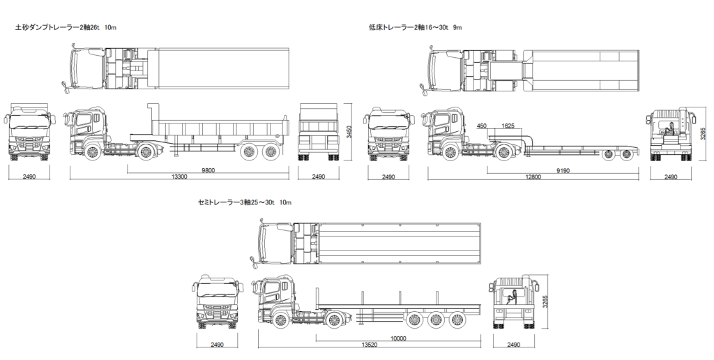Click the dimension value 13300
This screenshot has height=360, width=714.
178,177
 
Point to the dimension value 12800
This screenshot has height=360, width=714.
533,177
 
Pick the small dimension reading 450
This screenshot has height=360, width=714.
482,126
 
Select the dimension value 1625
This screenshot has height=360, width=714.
508,126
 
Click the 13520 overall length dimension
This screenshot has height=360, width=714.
370,345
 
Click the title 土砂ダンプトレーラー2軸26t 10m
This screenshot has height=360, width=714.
66,28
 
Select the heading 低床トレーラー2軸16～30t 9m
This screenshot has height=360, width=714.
416,28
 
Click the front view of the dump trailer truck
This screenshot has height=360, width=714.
29,135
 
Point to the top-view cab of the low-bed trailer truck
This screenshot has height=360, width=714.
446,68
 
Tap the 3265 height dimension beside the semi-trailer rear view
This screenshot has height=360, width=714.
547,301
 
